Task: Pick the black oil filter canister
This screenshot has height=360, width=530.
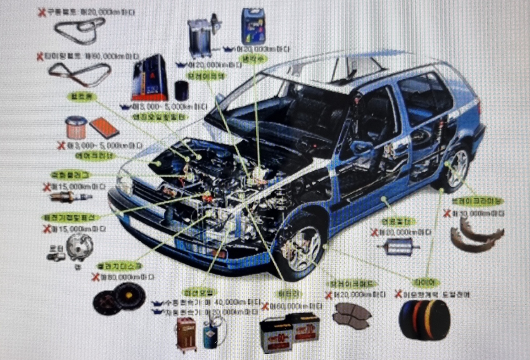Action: pos(181,91)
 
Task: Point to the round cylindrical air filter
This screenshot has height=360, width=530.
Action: pos(76,127)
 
